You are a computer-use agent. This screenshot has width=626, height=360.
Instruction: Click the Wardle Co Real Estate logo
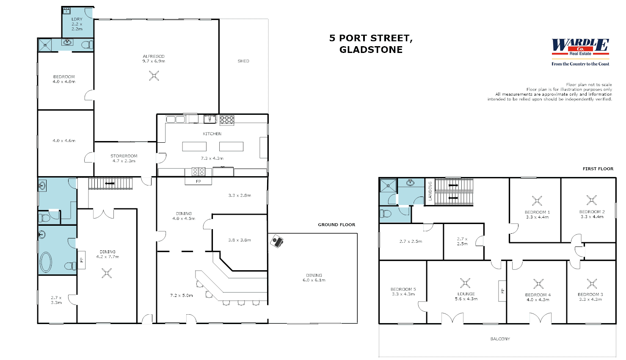(x=580, y=47)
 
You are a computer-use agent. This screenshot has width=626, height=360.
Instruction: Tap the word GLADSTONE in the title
(x=371, y=50)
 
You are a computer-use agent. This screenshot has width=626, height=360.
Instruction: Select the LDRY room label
(x=77, y=19)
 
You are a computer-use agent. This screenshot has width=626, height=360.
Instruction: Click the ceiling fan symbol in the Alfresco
(x=154, y=76)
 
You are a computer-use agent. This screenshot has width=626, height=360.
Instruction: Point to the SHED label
(x=243, y=61)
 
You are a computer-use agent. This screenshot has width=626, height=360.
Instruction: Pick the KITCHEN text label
(x=212, y=134)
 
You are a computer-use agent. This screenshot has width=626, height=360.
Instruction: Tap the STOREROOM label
(x=124, y=156)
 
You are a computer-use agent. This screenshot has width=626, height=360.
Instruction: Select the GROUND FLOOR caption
(x=336, y=224)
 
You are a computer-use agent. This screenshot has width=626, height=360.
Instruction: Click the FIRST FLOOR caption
(x=598, y=169)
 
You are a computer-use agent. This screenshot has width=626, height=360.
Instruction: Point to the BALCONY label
(x=500, y=339)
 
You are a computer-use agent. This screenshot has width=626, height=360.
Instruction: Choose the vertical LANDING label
(x=430, y=191)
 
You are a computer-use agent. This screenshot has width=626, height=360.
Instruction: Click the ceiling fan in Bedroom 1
(x=537, y=201)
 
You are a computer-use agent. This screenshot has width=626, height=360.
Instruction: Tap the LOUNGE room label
(x=466, y=294)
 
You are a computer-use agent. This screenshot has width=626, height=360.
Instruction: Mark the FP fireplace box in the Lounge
(x=502, y=291)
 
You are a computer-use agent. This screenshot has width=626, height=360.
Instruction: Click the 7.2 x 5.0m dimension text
(x=181, y=296)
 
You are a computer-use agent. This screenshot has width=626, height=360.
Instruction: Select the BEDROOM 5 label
(x=403, y=289)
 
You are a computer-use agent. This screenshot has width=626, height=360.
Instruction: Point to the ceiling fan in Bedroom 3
(x=592, y=284)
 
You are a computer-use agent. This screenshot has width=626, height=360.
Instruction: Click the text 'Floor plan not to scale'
(x=589, y=85)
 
